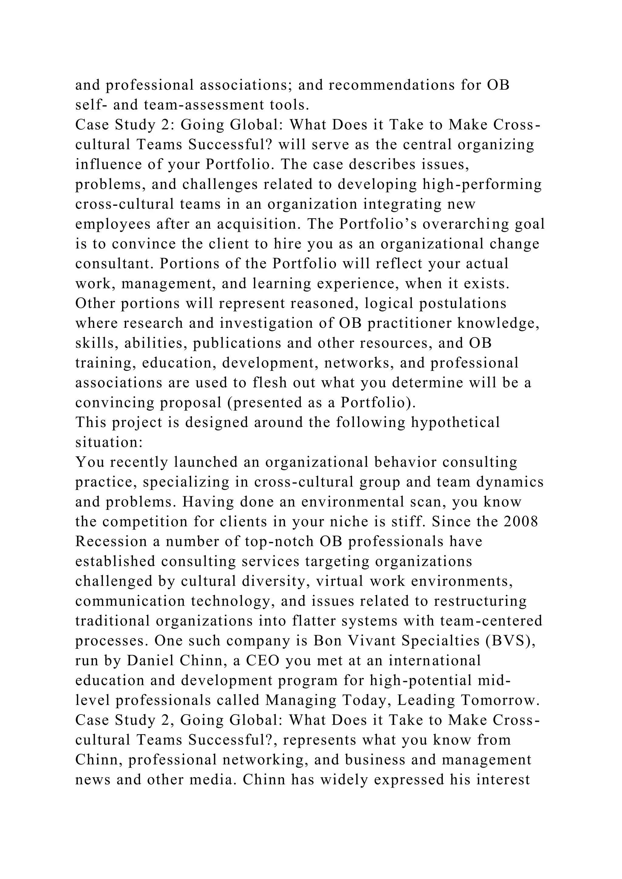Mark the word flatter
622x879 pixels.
pyautogui.click(x=313, y=621)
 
